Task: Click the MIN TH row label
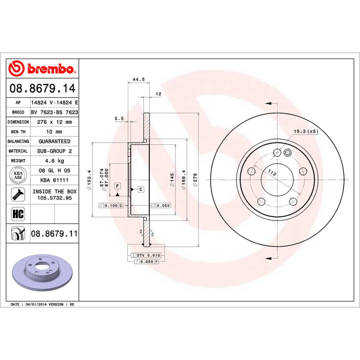[18, 132]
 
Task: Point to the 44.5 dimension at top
[139, 80]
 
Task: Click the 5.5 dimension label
[119, 118]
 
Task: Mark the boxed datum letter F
[117, 186]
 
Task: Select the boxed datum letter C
[140, 189]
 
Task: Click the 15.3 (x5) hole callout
[306, 131]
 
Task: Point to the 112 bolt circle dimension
[272, 172]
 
